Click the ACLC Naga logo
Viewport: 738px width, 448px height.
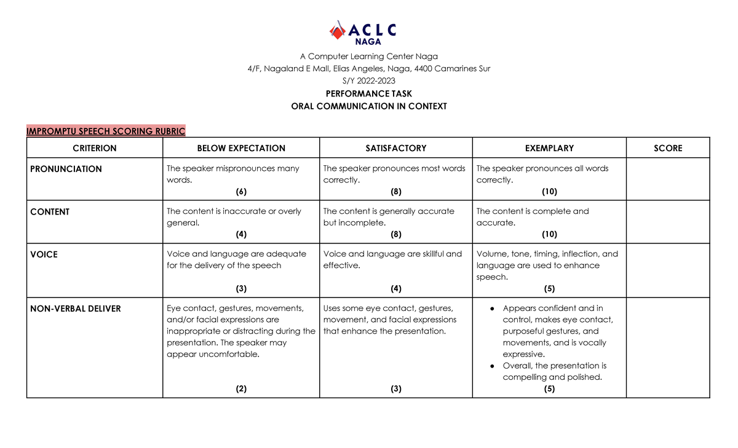(x=363, y=33)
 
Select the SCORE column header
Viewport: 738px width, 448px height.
(x=668, y=148)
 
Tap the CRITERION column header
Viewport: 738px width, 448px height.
(x=95, y=148)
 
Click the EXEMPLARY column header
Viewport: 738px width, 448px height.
(x=549, y=148)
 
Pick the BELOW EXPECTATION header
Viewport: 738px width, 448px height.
(x=241, y=148)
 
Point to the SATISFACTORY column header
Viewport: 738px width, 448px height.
(x=395, y=148)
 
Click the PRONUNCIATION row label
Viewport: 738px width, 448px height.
(x=66, y=169)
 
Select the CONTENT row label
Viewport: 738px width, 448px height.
(x=50, y=212)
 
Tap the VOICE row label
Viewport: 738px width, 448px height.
(x=44, y=254)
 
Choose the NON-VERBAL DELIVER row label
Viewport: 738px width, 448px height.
(x=76, y=308)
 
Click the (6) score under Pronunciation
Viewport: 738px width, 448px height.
(x=241, y=191)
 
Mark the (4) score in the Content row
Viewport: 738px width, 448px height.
(x=241, y=234)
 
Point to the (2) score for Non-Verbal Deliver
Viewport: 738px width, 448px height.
(x=241, y=388)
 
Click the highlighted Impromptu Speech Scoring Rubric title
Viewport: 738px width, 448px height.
(x=106, y=131)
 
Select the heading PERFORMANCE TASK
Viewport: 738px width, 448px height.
(x=369, y=93)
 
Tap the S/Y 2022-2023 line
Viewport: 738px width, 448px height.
(x=369, y=81)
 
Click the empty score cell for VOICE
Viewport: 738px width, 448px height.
(x=668, y=270)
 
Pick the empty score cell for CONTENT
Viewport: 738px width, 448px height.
(x=668, y=222)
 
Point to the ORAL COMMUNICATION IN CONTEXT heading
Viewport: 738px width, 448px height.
(x=369, y=106)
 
